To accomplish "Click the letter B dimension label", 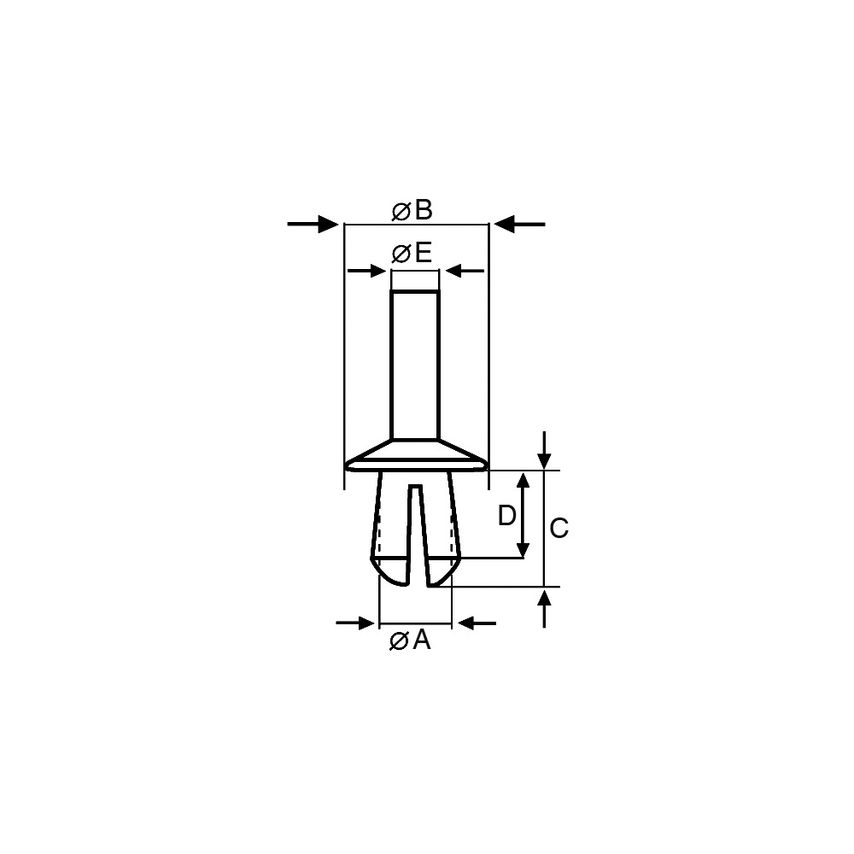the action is pyautogui.click(x=424, y=210).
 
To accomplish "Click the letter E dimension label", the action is pyautogui.click(x=423, y=253).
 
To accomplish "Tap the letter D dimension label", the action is pyautogui.click(x=507, y=515).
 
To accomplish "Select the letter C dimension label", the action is pyautogui.click(x=559, y=529).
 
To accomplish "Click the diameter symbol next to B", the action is pyautogui.click(x=401, y=212).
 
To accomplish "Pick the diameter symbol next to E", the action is pyautogui.click(x=402, y=254).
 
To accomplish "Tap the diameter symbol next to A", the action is pyautogui.click(x=399, y=641).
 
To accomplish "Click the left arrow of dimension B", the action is pyautogui.click(x=313, y=224).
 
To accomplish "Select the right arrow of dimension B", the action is pyautogui.click(x=519, y=224).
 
